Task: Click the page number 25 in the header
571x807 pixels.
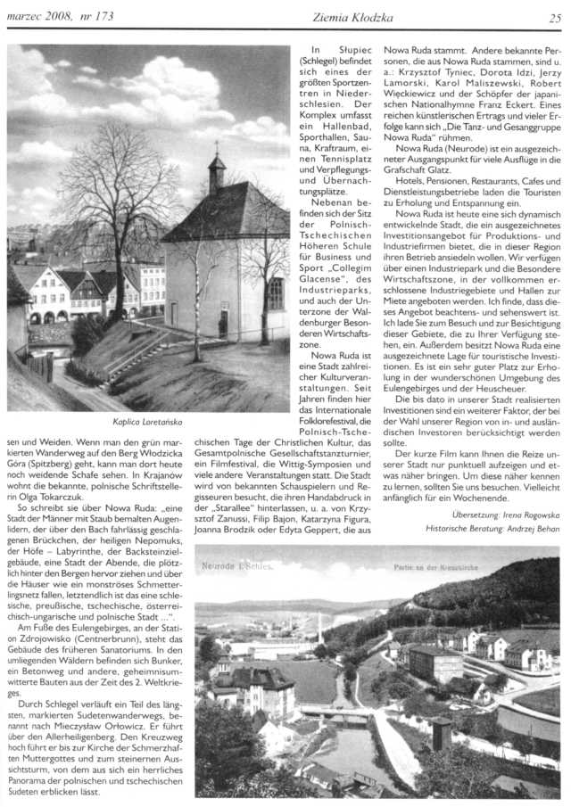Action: (x=554, y=18)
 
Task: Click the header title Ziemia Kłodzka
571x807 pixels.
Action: (x=336, y=18)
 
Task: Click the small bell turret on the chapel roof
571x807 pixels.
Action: (x=216, y=174)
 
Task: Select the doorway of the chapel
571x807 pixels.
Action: (x=222, y=321)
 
